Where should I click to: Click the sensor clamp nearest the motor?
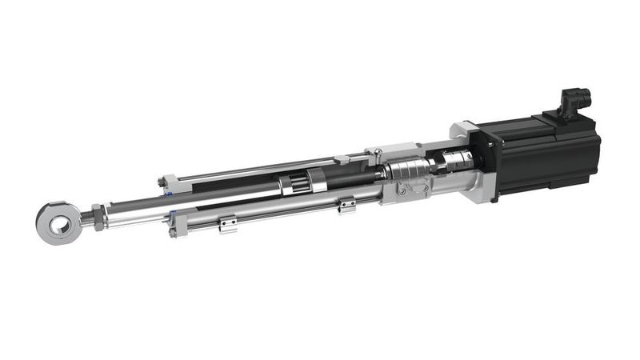[x=346, y=206]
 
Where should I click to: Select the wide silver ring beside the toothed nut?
[x=315, y=181]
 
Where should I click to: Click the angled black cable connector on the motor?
[x=575, y=103]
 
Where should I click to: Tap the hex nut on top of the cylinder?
[x=340, y=161]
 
